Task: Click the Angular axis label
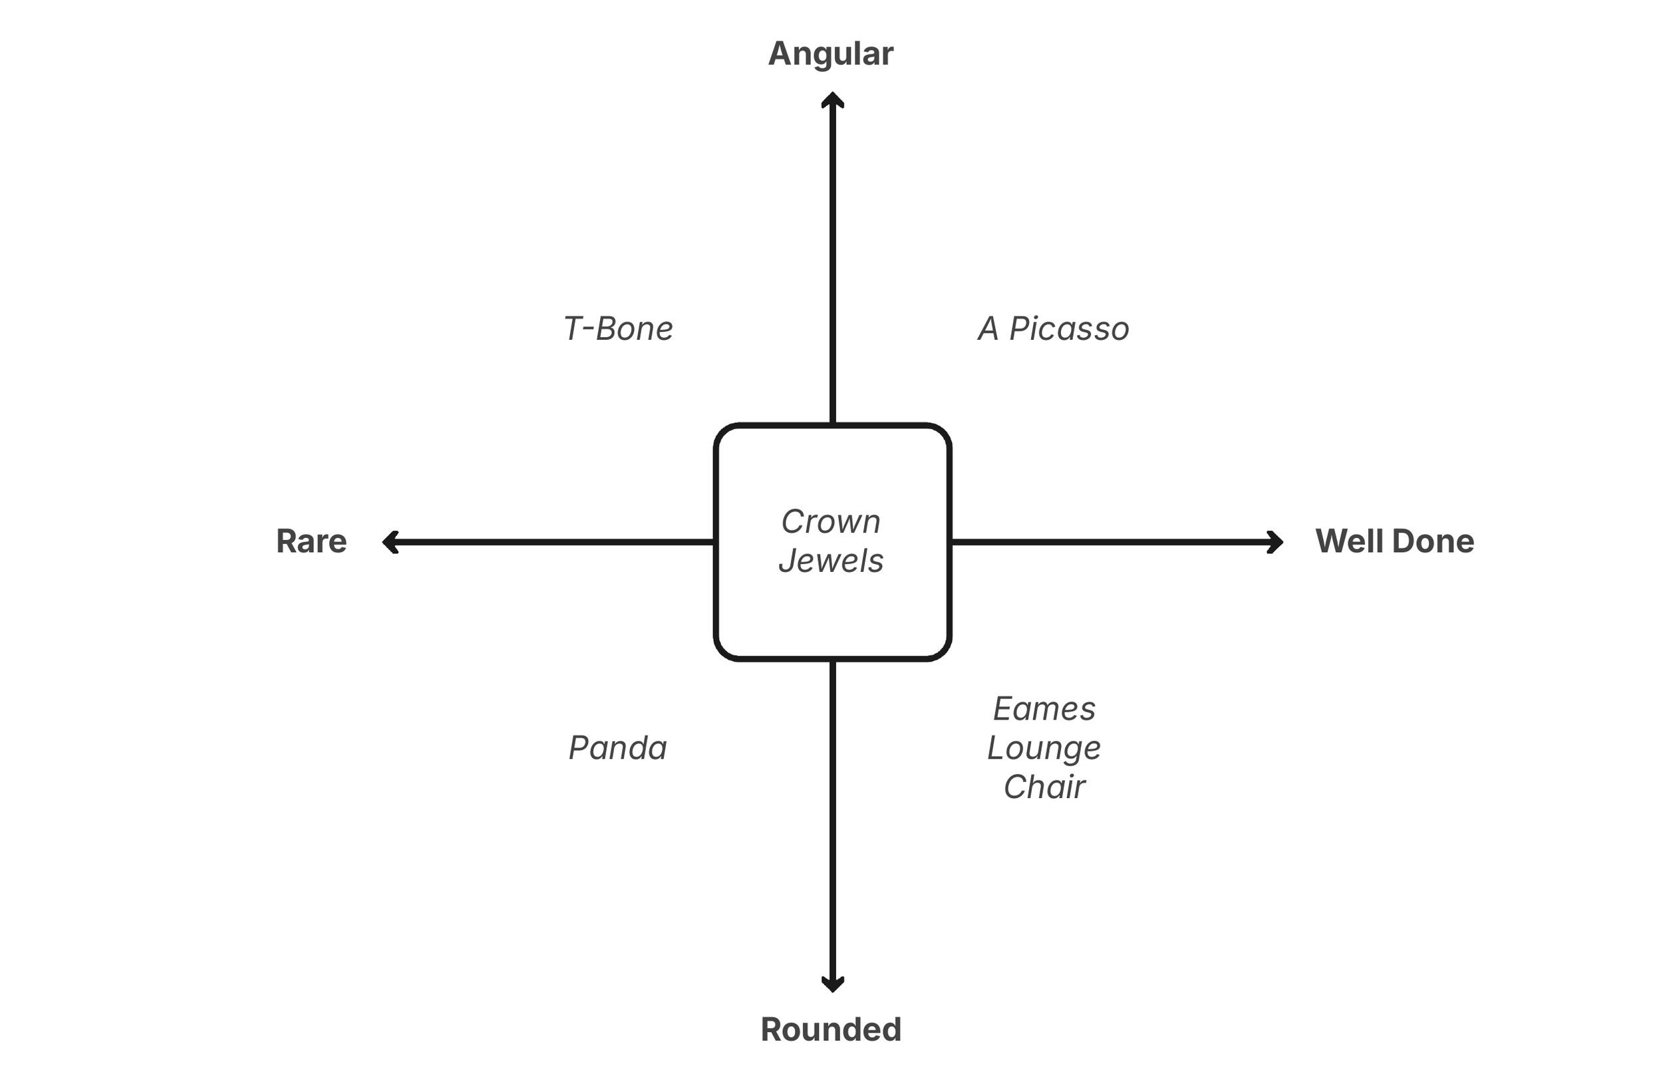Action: coord(830,54)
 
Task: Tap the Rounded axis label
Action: coord(831,1029)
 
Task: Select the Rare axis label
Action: coord(311,541)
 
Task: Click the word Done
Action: coord(1433,541)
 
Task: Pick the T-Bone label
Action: coord(618,329)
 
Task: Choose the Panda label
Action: coord(618,748)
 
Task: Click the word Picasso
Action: coord(1069,329)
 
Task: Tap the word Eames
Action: coord(1044,709)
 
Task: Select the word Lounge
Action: coord(1044,748)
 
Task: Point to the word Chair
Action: coord(1044,787)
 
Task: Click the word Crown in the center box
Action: coord(831,522)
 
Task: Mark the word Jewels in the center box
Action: coord(831,561)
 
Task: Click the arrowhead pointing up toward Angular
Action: coord(832,100)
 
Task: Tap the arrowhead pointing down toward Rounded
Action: coord(832,984)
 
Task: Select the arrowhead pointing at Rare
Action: coord(390,542)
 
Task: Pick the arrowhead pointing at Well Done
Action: coord(1275,542)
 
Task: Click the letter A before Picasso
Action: coord(988,329)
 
